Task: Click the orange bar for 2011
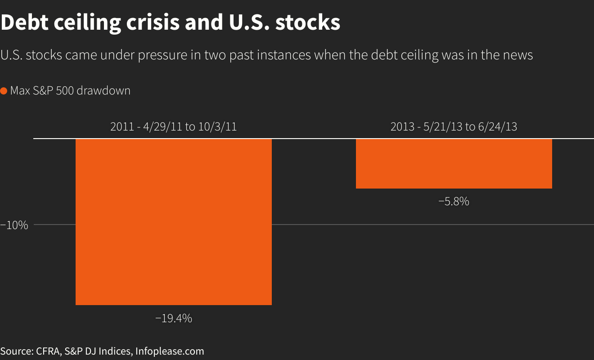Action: (173, 222)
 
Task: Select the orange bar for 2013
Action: (454, 164)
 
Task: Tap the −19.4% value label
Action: (174, 319)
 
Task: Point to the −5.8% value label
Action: (454, 202)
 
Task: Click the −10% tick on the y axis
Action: (14, 225)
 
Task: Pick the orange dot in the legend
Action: (4, 91)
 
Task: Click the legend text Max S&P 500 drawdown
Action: (70, 91)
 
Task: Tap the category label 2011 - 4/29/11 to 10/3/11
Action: (173, 127)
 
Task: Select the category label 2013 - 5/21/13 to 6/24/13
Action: (454, 127)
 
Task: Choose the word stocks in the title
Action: (308, 22)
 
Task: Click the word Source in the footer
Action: (15, 351)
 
